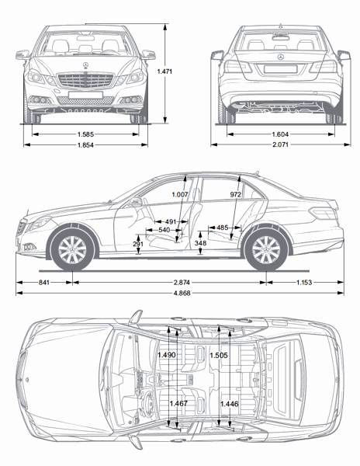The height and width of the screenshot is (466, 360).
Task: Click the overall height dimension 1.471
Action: click(x=164, y=71)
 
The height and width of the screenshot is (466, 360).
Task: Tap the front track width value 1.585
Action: click(x=85, y=134)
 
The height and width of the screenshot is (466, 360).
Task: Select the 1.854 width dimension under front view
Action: click(x=85, y=145)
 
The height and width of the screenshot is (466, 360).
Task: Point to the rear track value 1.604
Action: click(x=280, y=134)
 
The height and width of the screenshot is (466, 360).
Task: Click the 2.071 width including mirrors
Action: click(x=280, y=145)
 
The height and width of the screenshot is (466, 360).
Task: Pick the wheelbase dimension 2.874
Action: click(x=182, y=282)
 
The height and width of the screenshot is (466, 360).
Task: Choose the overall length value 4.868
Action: click(x=182, y=293)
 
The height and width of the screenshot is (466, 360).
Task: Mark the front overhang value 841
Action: click(x=44, y=282)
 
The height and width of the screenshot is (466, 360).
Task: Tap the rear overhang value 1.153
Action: click(x=304, y=282)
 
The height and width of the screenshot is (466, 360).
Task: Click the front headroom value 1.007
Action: click(x=180, y=195)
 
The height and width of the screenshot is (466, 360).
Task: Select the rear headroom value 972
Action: click(x=235, y=195)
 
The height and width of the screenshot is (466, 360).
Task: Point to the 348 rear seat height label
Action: click(x=200, y=243)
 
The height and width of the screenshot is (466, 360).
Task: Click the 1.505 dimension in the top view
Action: click(x=219, y=355)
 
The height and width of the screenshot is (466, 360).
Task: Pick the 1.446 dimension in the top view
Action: click(x=229, y=404)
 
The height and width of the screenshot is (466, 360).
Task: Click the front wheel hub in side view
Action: click(x=72, y=250)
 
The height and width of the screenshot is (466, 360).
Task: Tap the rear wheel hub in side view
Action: click(x=266, y=250)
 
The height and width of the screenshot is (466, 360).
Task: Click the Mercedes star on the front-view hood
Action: click(x=85, y=66)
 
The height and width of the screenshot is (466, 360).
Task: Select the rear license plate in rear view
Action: click(x=280, y=69)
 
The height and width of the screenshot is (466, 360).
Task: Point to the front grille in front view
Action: click(x=85, y=80)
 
